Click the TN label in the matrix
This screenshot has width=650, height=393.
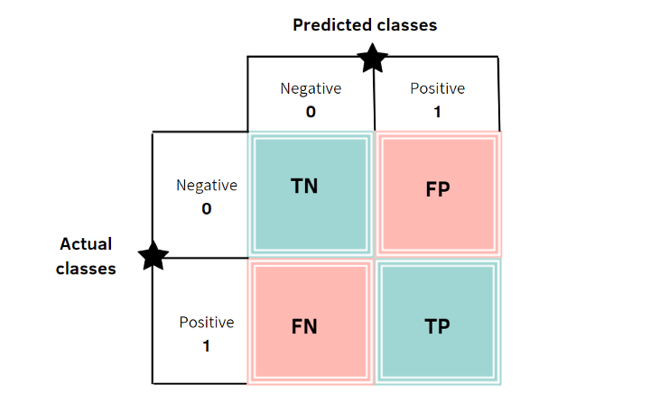304,186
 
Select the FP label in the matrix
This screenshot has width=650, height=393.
437,189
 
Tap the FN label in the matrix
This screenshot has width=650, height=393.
304,326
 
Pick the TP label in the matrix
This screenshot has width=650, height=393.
437,326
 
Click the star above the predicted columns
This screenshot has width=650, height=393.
372,59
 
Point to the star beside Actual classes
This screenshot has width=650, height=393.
153,256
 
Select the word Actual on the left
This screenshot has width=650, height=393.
86,244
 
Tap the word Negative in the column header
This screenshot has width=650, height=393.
311,88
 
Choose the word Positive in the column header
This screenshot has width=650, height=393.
437,88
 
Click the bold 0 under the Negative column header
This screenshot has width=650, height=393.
311,112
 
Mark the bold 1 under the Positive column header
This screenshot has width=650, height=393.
437,112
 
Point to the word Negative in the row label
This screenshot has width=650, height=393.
207,186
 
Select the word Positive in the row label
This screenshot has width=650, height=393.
207,323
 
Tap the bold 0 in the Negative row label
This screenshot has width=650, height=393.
207,208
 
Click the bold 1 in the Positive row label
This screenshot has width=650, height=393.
206,346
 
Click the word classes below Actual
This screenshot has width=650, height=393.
86,269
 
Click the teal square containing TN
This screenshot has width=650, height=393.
311,195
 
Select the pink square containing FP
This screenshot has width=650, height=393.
438,195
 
